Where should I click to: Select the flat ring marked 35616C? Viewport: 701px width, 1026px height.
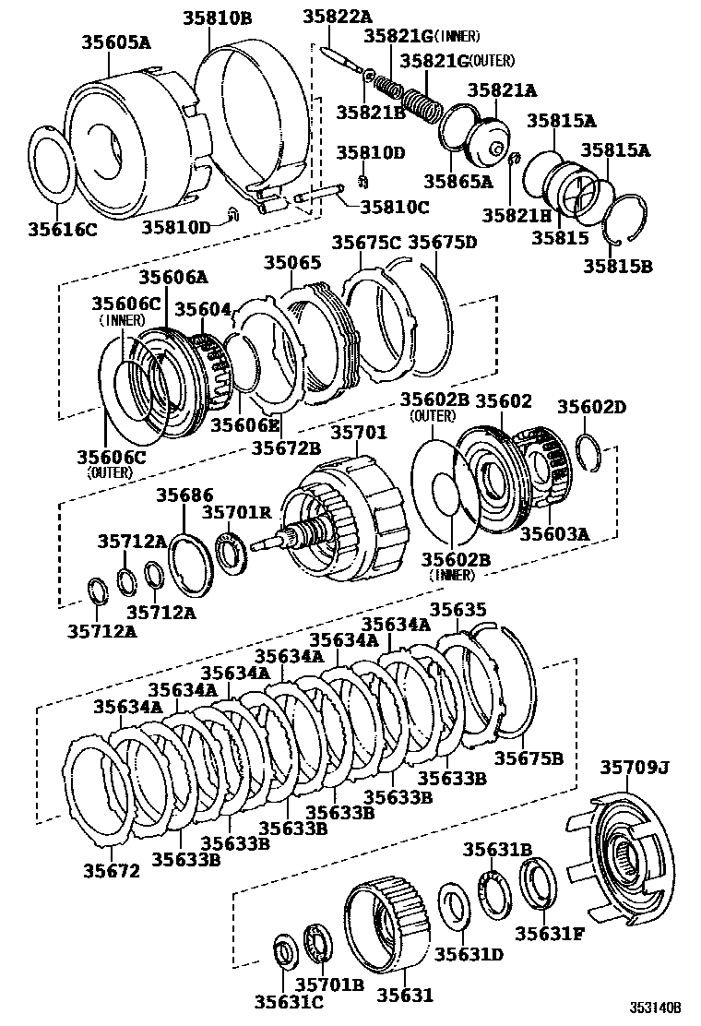point(52,166)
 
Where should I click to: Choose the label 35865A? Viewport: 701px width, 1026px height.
point(457,182)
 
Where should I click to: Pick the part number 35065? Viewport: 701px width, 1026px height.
point(292,264)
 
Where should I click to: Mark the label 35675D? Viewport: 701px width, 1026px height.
point(442,243)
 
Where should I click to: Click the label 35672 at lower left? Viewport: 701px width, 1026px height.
point(112,870)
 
